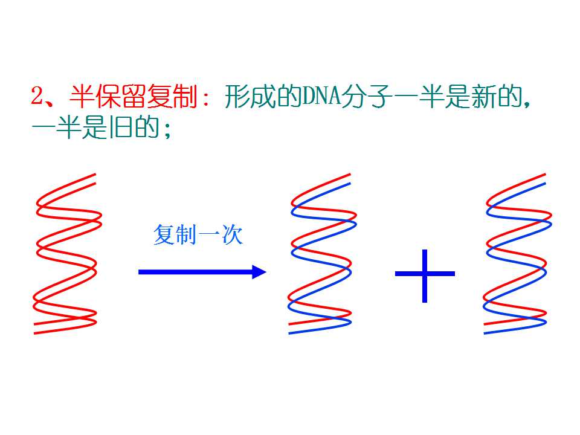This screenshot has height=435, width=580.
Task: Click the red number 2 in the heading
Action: pyautogui.click(x=37, y=96)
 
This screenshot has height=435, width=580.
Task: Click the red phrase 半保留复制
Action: pyautogui.click(x=134, y=96)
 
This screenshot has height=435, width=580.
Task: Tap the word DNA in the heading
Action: pyautogui.click(x=321, y=96)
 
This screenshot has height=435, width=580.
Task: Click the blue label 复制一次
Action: pyautogui.click(x=198, y=234)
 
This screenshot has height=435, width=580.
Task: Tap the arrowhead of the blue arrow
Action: pyautogui.click(x=259, y=272)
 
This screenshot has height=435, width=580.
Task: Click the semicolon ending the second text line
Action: pyautogui.click(x=169, y=129)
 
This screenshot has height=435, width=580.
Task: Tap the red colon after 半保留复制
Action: pyautogui.click(x=205, y=98)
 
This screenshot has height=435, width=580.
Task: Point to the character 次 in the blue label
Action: pyautogui.click(x=232, y=234)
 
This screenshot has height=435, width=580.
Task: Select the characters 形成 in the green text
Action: pyautogui.click(x=250, y=96)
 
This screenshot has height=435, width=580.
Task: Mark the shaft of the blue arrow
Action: pyautogui.click(x=195, y=272)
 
